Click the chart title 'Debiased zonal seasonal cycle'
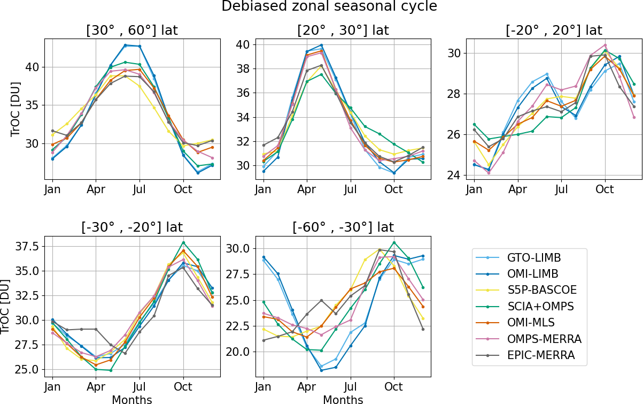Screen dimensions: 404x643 (x=321, y=6)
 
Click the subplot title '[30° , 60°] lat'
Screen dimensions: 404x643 (x=131, y=31)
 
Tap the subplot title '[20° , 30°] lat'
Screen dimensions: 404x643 (x=343, y=31)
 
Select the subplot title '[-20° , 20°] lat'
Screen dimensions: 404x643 (x=554, y=31)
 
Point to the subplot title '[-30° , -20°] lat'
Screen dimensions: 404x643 (x=131, y=227)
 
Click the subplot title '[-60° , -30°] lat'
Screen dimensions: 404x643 (x=343, y=227)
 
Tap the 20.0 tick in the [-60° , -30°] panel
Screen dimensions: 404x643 (x=238, y=352)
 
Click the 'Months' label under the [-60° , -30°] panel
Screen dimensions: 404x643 (x=343, y=399)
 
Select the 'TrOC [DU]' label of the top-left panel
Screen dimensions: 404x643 (x=16, y=111)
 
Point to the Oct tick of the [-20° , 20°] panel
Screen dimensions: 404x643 (x=605, y=189)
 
